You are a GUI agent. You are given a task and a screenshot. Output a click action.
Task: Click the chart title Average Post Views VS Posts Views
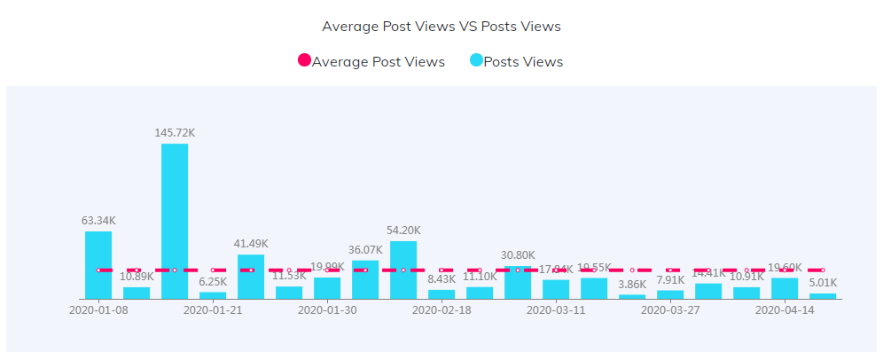coord(441,27)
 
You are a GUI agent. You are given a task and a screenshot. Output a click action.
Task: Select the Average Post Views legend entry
coord(371,61)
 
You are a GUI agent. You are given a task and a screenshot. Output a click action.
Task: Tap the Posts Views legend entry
coord(516,61)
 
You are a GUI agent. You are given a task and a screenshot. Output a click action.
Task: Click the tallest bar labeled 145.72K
coord(175,221)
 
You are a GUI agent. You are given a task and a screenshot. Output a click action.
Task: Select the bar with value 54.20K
coord(403,270)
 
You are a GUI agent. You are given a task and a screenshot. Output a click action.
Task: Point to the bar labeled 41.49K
coord(251,276)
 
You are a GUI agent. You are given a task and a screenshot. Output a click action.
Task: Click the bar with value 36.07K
coord(365,279)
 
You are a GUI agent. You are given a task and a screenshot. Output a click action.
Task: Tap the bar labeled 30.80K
coord(518,282)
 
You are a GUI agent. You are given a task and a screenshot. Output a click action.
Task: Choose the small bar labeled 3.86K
coord(632,296)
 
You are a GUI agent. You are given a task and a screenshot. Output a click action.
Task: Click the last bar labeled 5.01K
coord(823,295)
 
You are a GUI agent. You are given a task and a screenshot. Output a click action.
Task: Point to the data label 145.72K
coord(175,133)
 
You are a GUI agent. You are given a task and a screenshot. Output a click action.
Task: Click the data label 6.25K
coord(213,282)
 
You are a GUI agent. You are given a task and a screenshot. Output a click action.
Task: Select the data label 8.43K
coord(441,279)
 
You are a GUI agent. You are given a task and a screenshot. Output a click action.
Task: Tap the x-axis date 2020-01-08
coord(98,310)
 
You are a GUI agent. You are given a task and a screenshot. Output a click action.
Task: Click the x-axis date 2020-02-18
coord(441,310)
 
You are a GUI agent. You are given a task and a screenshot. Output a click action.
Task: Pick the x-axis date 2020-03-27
coord(670,310)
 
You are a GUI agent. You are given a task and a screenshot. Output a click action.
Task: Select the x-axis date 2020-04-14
coord(785,310)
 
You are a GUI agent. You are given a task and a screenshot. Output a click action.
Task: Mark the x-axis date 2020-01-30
coord(327,310)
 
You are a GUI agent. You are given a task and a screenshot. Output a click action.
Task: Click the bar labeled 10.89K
coord(137,293)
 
